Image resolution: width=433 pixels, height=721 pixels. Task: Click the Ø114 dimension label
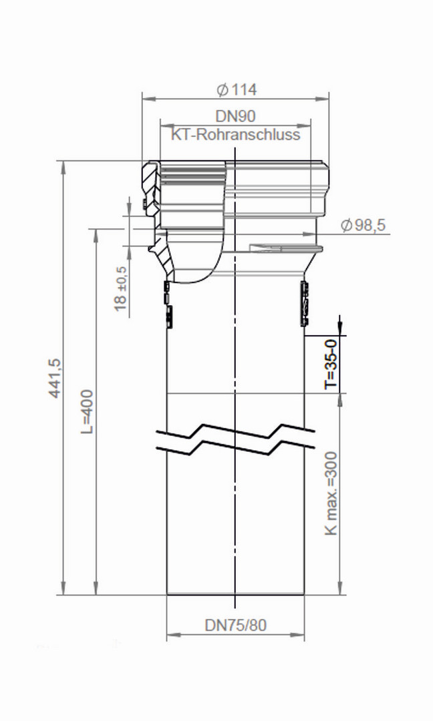tap(237, 89)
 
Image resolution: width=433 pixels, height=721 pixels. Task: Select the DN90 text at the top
tap(235, 116)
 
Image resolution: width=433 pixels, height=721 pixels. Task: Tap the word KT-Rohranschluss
tap(236, 134)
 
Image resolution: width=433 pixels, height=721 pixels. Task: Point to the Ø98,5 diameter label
tap(363, 226)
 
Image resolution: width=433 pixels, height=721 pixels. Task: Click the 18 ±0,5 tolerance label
tap(120, 288)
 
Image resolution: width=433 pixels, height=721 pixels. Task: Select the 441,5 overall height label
tap(55, 378)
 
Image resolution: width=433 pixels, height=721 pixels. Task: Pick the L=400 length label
tap(87, 411)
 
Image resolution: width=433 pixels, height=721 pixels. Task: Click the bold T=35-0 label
tap(331, 363)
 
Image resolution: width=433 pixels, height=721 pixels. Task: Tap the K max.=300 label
tap(331, 493)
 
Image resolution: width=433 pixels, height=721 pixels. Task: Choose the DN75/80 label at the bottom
tap(236, 626)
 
